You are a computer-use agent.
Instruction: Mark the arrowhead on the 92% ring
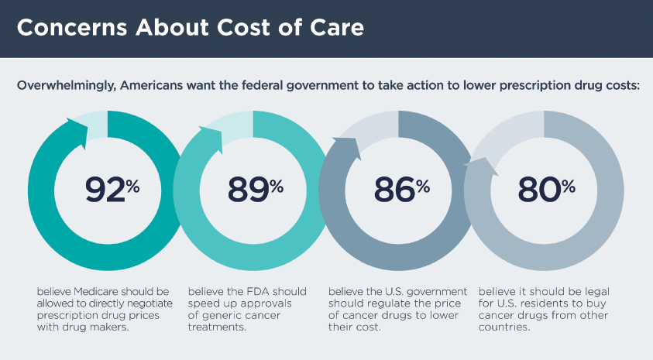[77, 126]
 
